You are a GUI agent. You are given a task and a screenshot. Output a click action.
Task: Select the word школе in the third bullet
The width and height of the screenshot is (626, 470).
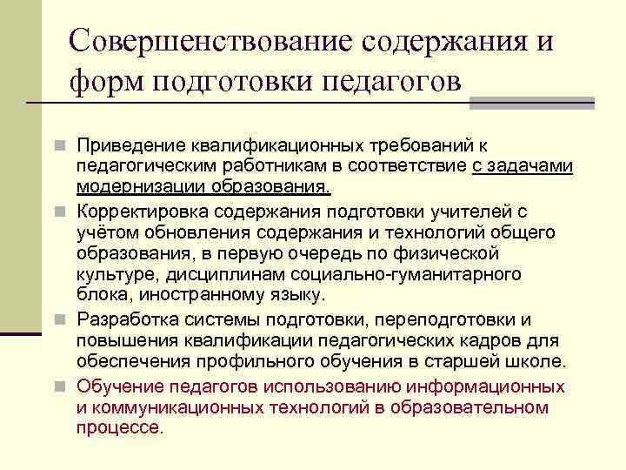536,362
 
